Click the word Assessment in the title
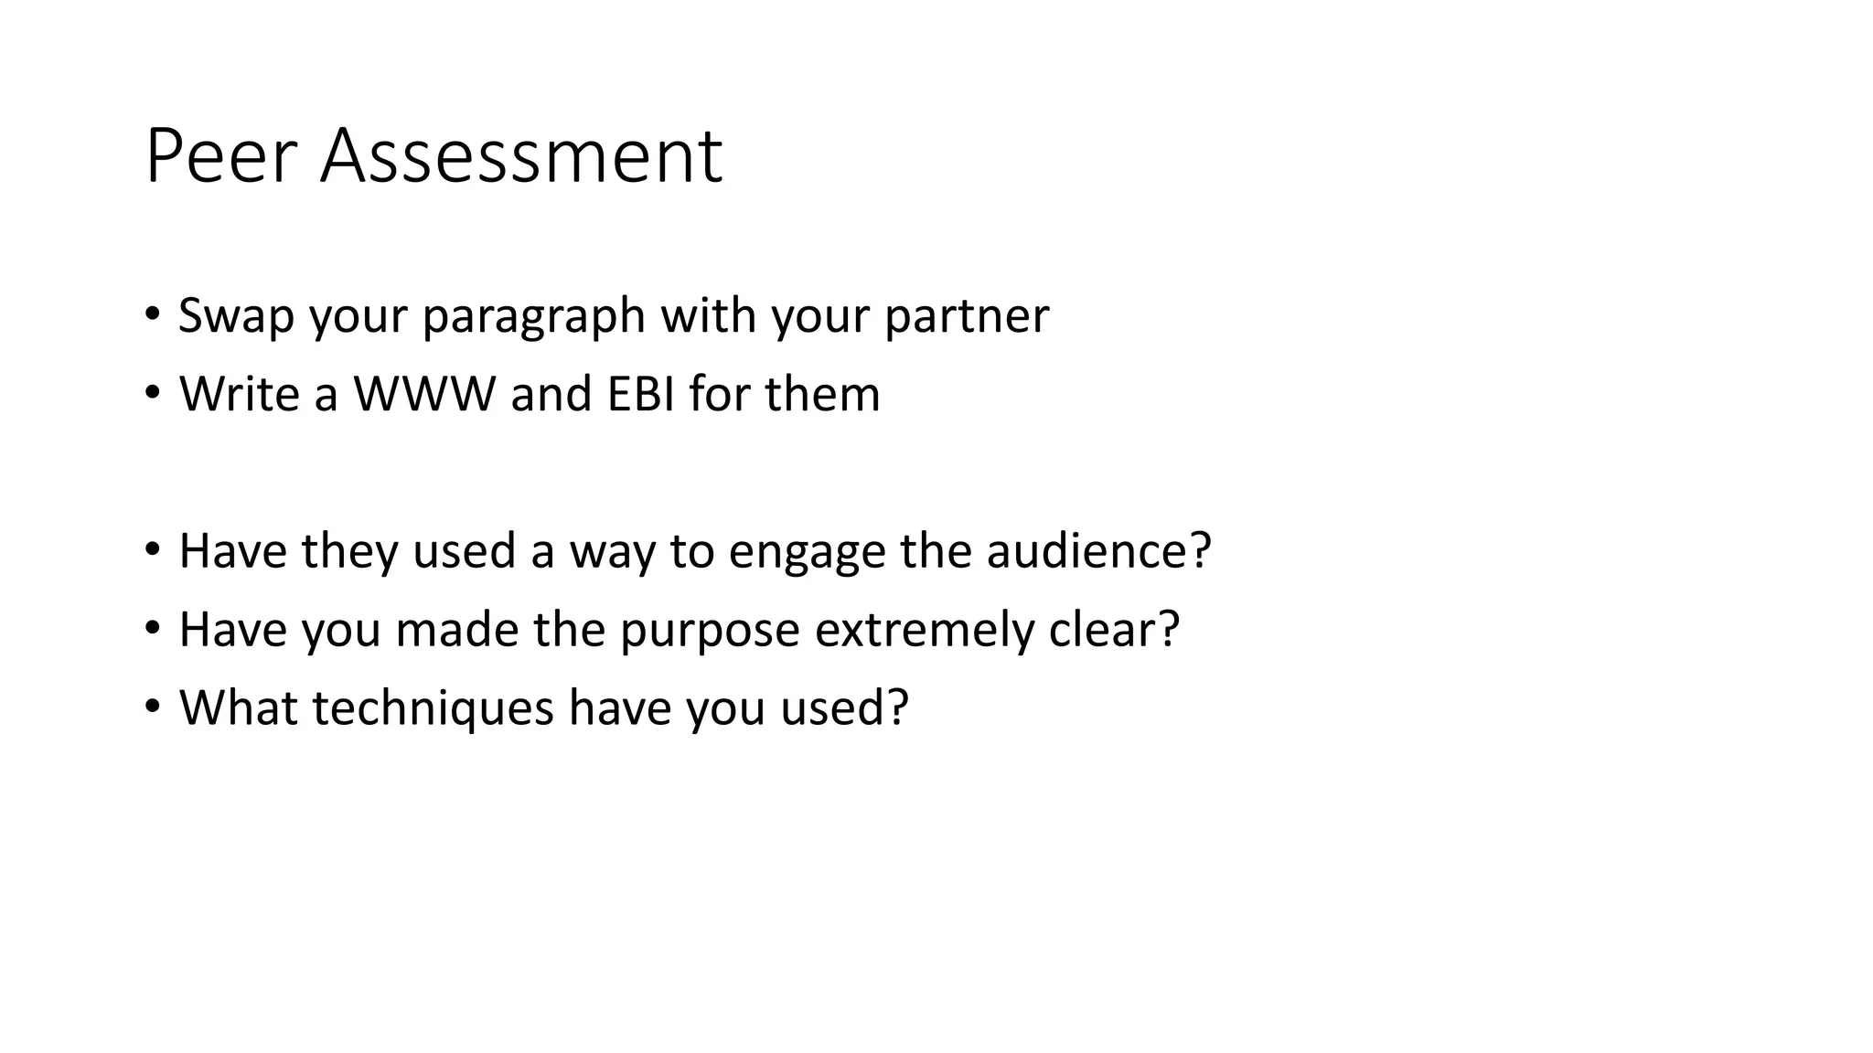(x=521, y=156)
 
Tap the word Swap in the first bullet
(x=236, y=315)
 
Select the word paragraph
(x=534, y=317)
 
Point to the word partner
(x=967, y=317)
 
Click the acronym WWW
(x=424, y=394)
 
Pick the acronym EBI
(x=639, y=394)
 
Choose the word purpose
(x=710, y=632)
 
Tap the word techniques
(x=433, y=709)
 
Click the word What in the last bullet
(x=239, y=708)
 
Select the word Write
(x=240, y=394)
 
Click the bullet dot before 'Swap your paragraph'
(x=153, y=314)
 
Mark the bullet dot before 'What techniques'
(x=153, y=707)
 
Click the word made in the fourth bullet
(x=457, y=630)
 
